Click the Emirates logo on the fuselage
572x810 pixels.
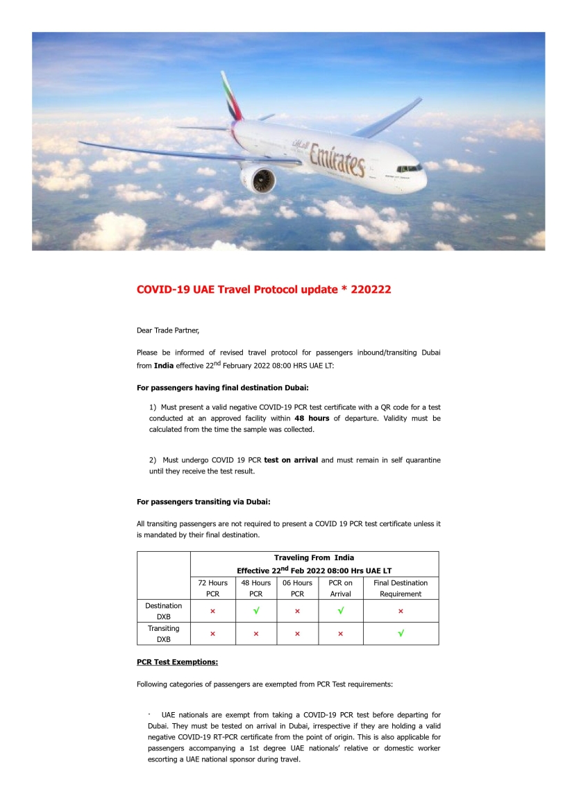coord(337,158)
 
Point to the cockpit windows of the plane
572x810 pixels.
coord(409,168)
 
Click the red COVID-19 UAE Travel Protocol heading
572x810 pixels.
coord(264,289)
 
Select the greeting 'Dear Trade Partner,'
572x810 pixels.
coord(168,330)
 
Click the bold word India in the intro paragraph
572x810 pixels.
coord(164,365)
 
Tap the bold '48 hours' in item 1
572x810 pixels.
coord(312,419)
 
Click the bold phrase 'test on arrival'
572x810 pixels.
coord(291,460)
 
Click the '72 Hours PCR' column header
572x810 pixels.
coord(212,588)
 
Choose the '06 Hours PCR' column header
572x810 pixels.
coord(298,588)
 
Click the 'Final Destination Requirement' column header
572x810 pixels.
coord(401,588)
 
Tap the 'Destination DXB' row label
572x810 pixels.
coord(163,611)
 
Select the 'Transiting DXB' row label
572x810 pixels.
coord(163,634)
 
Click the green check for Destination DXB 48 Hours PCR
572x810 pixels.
coord(255,611)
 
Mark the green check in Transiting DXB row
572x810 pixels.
coord(401,634)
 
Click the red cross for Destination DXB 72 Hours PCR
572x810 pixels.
coord(212,611)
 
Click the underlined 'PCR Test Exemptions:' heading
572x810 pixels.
coord(177,661)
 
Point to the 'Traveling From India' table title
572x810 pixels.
coord(314,557)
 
